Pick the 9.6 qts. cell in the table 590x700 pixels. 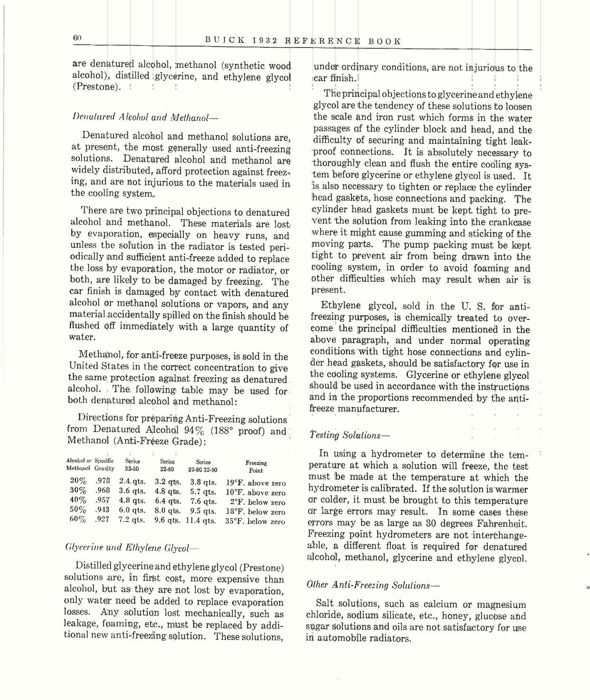pos(168,521)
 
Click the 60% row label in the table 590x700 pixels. pos(78,520)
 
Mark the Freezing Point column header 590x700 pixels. pos(256,466)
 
